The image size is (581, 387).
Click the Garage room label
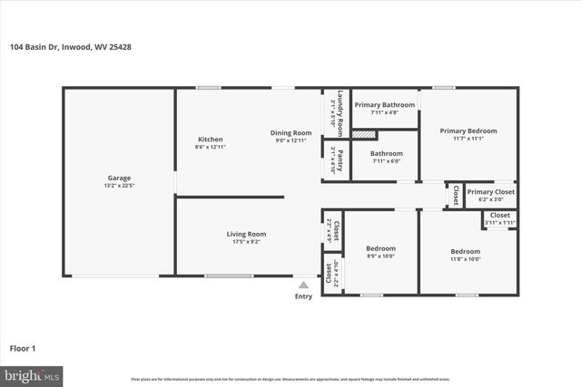click(x=118, y=178)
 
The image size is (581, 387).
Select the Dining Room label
click(x=290, y=133)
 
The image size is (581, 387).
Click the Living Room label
click(x=246, y=234)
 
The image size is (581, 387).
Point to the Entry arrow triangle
click(x=303, y=285)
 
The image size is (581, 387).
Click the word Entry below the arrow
click(x=303, y=295)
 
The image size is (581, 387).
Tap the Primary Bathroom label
click(x=384, y=105)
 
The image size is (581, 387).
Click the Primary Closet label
click(x=490, y=192)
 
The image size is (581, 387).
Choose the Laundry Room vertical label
click(x=339, y=109)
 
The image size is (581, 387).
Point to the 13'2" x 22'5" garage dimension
click(x=118, y=186)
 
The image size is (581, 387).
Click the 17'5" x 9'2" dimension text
click(x=246, y=242)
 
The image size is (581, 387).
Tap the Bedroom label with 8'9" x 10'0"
click(x=380, y=248)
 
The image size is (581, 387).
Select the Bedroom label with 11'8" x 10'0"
click(x=466, y=251)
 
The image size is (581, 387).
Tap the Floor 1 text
click(x=23, y=347)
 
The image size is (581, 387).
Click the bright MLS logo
click(x=31, y=373)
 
